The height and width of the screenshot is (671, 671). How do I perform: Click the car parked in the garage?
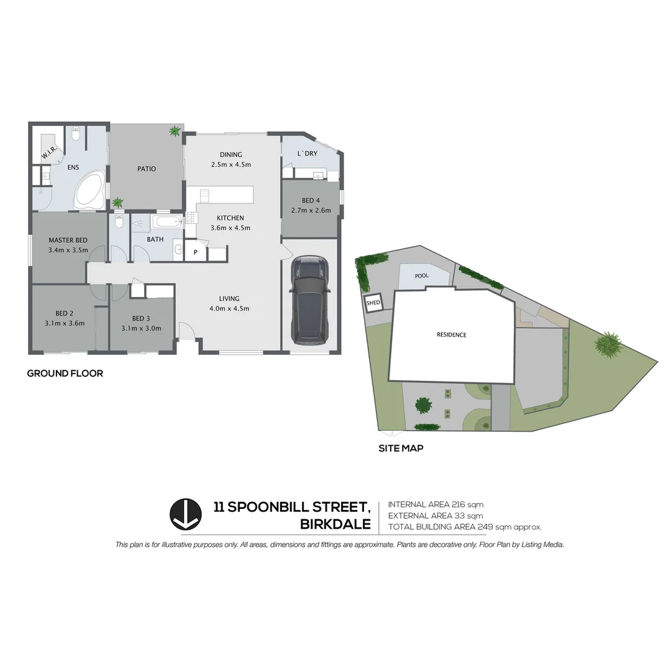point(310,300)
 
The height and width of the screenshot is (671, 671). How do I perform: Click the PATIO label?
point(147,169)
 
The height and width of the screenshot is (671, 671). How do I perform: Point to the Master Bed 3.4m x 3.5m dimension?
point(68,250)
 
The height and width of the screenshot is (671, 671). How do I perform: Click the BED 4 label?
point(311,201)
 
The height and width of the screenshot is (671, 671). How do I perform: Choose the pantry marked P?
point(195,252)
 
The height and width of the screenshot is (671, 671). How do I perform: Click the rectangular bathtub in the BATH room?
point(166,222)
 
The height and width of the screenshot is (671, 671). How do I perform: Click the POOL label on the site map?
point(422,275)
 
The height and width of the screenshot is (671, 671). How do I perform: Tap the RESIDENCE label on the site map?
point(451,335)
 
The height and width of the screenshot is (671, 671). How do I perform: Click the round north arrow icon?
point(185,514)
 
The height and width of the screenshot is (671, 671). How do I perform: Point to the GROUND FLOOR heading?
point(65,373)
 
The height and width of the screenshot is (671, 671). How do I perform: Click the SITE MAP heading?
point(401,447)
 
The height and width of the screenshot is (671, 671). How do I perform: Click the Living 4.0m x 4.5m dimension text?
point(230,309)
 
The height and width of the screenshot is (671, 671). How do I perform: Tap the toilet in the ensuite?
point(76,134)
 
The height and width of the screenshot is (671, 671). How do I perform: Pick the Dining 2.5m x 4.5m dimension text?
point(231,165)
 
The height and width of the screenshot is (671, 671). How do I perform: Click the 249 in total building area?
point(485,527)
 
